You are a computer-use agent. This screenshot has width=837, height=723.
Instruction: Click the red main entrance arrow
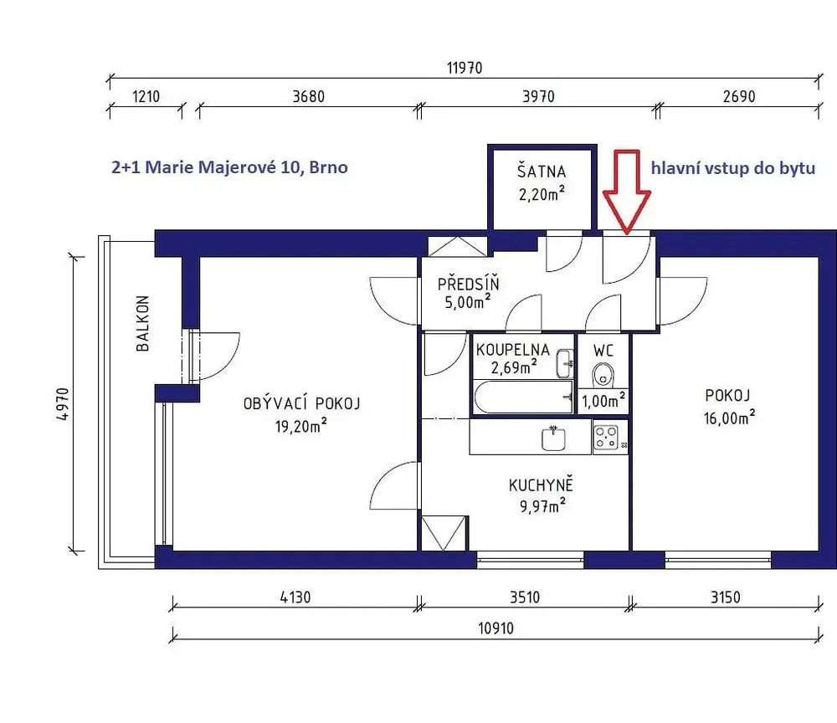click(627, 192)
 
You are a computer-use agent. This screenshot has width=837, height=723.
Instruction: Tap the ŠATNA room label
click(542, 172)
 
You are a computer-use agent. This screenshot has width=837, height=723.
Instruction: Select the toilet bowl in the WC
click(603, 374)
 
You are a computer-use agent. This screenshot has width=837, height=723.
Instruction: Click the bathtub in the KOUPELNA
click(524, 397)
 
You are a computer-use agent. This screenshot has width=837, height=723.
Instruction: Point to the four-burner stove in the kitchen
click(607, 438)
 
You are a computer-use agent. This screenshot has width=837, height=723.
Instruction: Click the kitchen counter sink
click(553, 438)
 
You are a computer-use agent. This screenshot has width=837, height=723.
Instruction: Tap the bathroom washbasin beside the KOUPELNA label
click(565, 363)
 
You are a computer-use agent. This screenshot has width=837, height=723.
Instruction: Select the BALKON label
click(142, 323)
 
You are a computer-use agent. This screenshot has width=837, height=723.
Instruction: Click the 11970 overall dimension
click(465, 69)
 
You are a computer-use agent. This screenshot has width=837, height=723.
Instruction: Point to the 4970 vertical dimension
click(63, 404)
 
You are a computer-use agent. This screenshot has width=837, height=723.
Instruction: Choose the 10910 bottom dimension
click(496, 628)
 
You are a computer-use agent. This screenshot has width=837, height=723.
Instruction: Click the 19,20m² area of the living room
click(301, 426)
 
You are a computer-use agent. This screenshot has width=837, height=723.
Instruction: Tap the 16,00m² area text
click(729, 418)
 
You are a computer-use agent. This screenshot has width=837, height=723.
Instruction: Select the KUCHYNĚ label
click(541, 485)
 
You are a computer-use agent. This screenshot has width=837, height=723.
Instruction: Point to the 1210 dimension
click(146, 96)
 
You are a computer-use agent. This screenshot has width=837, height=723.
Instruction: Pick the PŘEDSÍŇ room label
click(468, 284)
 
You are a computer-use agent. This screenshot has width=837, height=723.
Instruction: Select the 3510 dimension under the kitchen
click(525, 597)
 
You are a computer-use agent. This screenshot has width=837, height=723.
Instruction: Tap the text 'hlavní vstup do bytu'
click(733, 168)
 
